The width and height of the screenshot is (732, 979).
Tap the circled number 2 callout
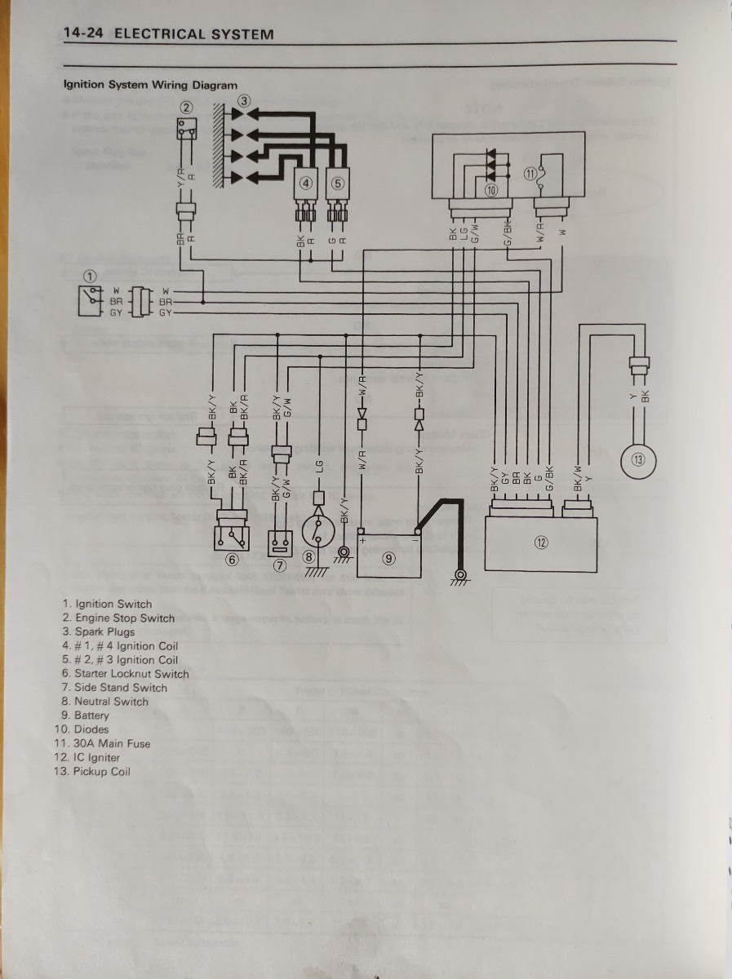pyautogui.click(x=187, y=107)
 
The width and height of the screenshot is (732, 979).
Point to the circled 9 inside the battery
pyautogui.click(x=388, y=558)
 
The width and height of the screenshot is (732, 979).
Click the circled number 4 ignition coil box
pyautogui.click(x=305, y=183)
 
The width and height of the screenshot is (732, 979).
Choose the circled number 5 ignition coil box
pyautogui.click(x=338, y=183)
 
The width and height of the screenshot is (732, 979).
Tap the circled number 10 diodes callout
pyautogui.click(x=490, y=190)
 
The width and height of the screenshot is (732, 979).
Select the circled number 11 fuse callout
pyautogui.click(x=530, y=173)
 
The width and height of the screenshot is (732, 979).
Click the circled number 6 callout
pyautogui.click(x=232, y=559)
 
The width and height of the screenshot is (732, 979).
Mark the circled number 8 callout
pyautogui.click(x=309, y=556)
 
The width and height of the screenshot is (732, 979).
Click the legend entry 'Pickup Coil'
pyautogui.click(x=101, y=771)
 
